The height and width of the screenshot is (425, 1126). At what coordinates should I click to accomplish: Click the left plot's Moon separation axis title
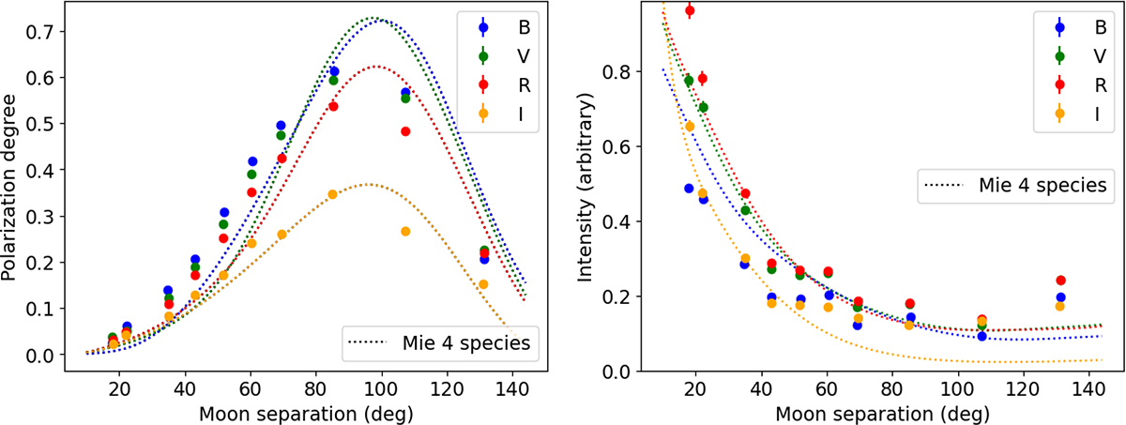283,411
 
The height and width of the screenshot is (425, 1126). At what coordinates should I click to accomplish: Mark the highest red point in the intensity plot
690,11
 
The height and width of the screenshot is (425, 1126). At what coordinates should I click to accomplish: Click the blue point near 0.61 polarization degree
333,71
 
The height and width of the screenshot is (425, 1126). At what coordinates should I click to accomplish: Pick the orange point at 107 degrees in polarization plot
405,232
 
